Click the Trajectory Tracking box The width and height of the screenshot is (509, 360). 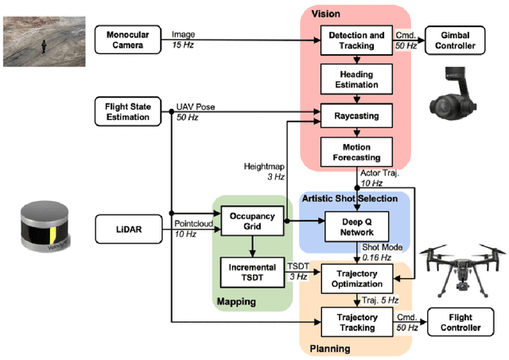tap(356, 322)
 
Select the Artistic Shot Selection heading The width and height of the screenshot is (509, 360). tap(350, 196)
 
